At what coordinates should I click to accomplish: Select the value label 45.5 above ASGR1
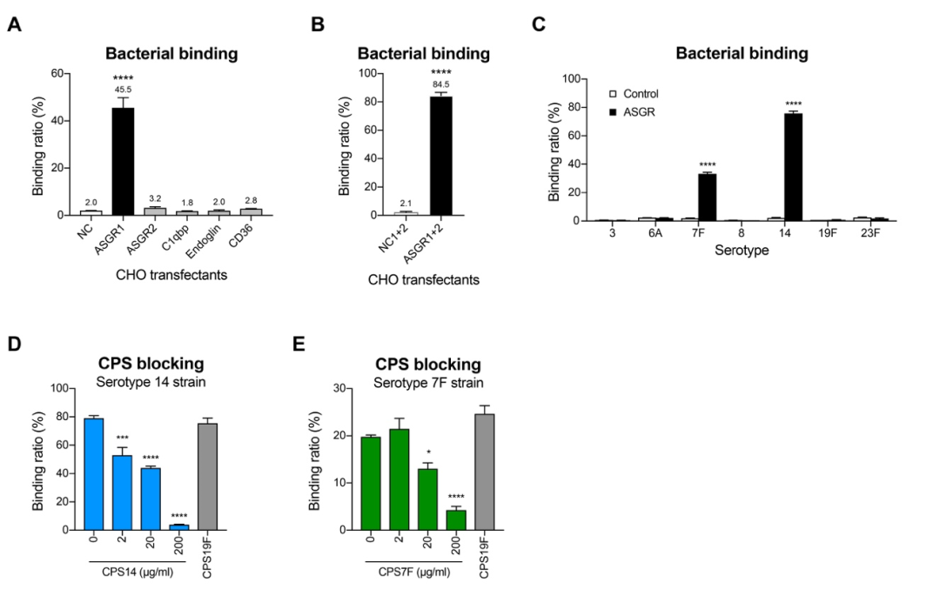coord(122,90)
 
